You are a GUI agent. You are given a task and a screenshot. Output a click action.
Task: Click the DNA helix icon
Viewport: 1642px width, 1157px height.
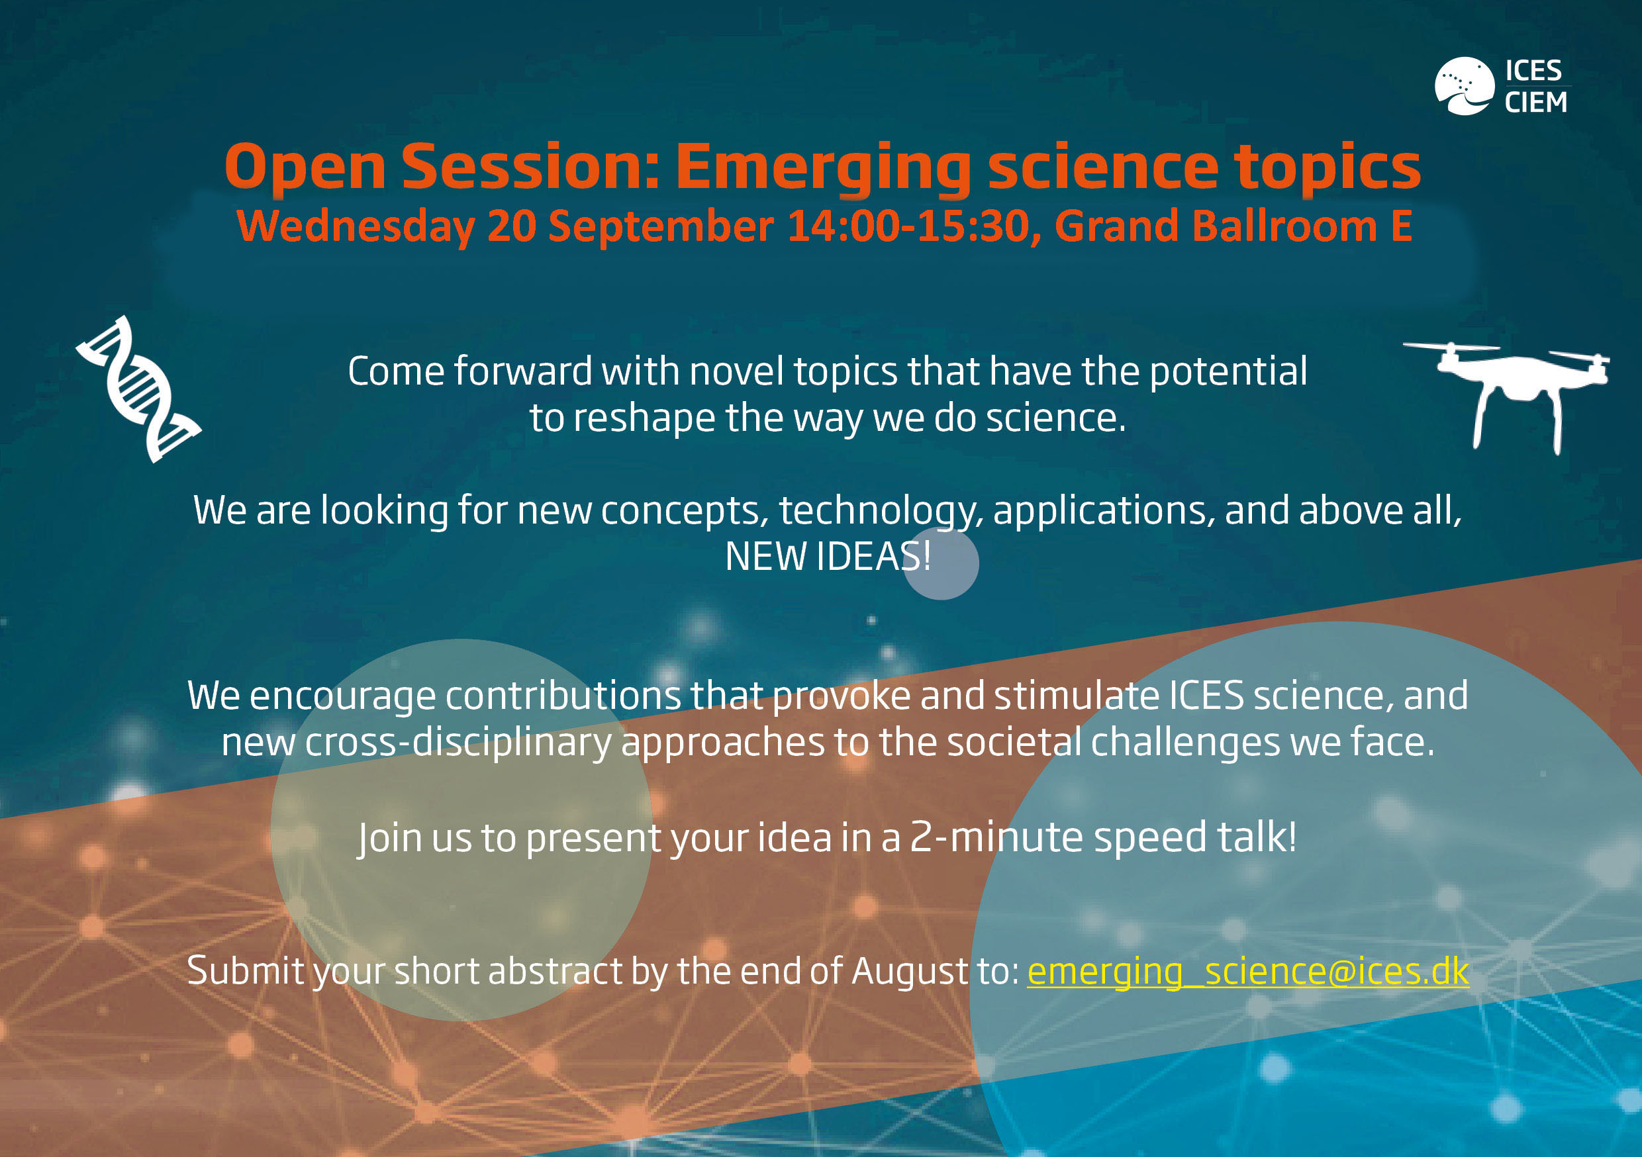(x=140, y=390)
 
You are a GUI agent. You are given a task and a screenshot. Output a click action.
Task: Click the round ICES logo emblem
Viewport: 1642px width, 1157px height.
(x=1464, y=86)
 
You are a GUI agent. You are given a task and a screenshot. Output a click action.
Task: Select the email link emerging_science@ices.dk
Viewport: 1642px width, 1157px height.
(x=1248, y=972)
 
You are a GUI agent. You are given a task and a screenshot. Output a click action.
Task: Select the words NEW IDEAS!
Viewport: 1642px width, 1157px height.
(x=828, y=557)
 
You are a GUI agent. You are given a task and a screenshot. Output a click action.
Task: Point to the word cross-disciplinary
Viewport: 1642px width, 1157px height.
(x=458, y=743)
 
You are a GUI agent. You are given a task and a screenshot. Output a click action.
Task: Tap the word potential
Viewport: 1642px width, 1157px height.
(x=1228, y=372)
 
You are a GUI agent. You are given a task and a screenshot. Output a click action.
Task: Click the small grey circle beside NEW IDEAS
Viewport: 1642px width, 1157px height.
(x=940, y=563)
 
